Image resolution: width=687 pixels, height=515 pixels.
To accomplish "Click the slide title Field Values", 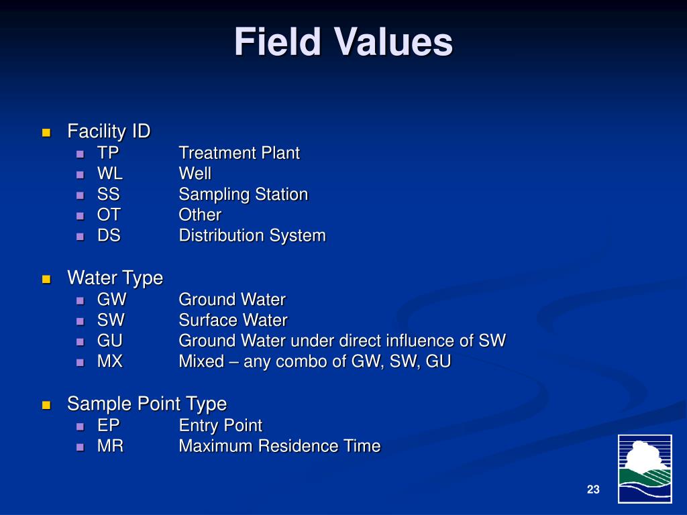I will (x=343, y=43).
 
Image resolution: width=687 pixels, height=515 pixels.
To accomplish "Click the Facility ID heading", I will (x=109, y=131).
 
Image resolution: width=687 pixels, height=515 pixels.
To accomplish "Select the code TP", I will (x=108, y=153).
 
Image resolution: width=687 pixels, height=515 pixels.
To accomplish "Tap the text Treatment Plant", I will (x=239, y=153).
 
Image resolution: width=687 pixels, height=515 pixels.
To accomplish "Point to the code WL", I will (x=110, y=174).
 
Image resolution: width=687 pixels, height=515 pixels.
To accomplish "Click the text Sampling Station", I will (x=243, y=194).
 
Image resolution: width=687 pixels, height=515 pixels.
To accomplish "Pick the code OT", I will (x=109, y=215).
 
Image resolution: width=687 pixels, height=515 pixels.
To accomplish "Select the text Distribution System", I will (x=252, y=236).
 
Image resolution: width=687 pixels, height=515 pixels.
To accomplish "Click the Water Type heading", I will (x=115, y=278).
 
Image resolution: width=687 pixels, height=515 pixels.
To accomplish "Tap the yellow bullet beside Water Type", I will (x=46, y=279).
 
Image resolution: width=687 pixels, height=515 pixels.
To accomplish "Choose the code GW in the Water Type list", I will (x=111, y=300).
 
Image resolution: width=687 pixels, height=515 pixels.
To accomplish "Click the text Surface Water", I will (x=233, y=321).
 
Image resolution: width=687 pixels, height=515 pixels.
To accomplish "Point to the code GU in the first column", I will (x=110, y=341).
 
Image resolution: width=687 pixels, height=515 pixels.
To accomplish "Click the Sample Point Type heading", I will (x=146, y=404).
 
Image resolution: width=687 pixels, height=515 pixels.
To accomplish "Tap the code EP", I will (x=108, y=425).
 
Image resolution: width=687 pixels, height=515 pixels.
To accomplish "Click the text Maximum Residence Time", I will (x=279, y=446).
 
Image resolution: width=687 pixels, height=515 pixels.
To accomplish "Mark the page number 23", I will (x=592, y=490).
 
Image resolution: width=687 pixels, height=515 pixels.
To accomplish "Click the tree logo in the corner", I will (x=644, y=468).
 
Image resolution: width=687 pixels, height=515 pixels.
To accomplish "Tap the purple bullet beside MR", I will (x=80, y=447).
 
